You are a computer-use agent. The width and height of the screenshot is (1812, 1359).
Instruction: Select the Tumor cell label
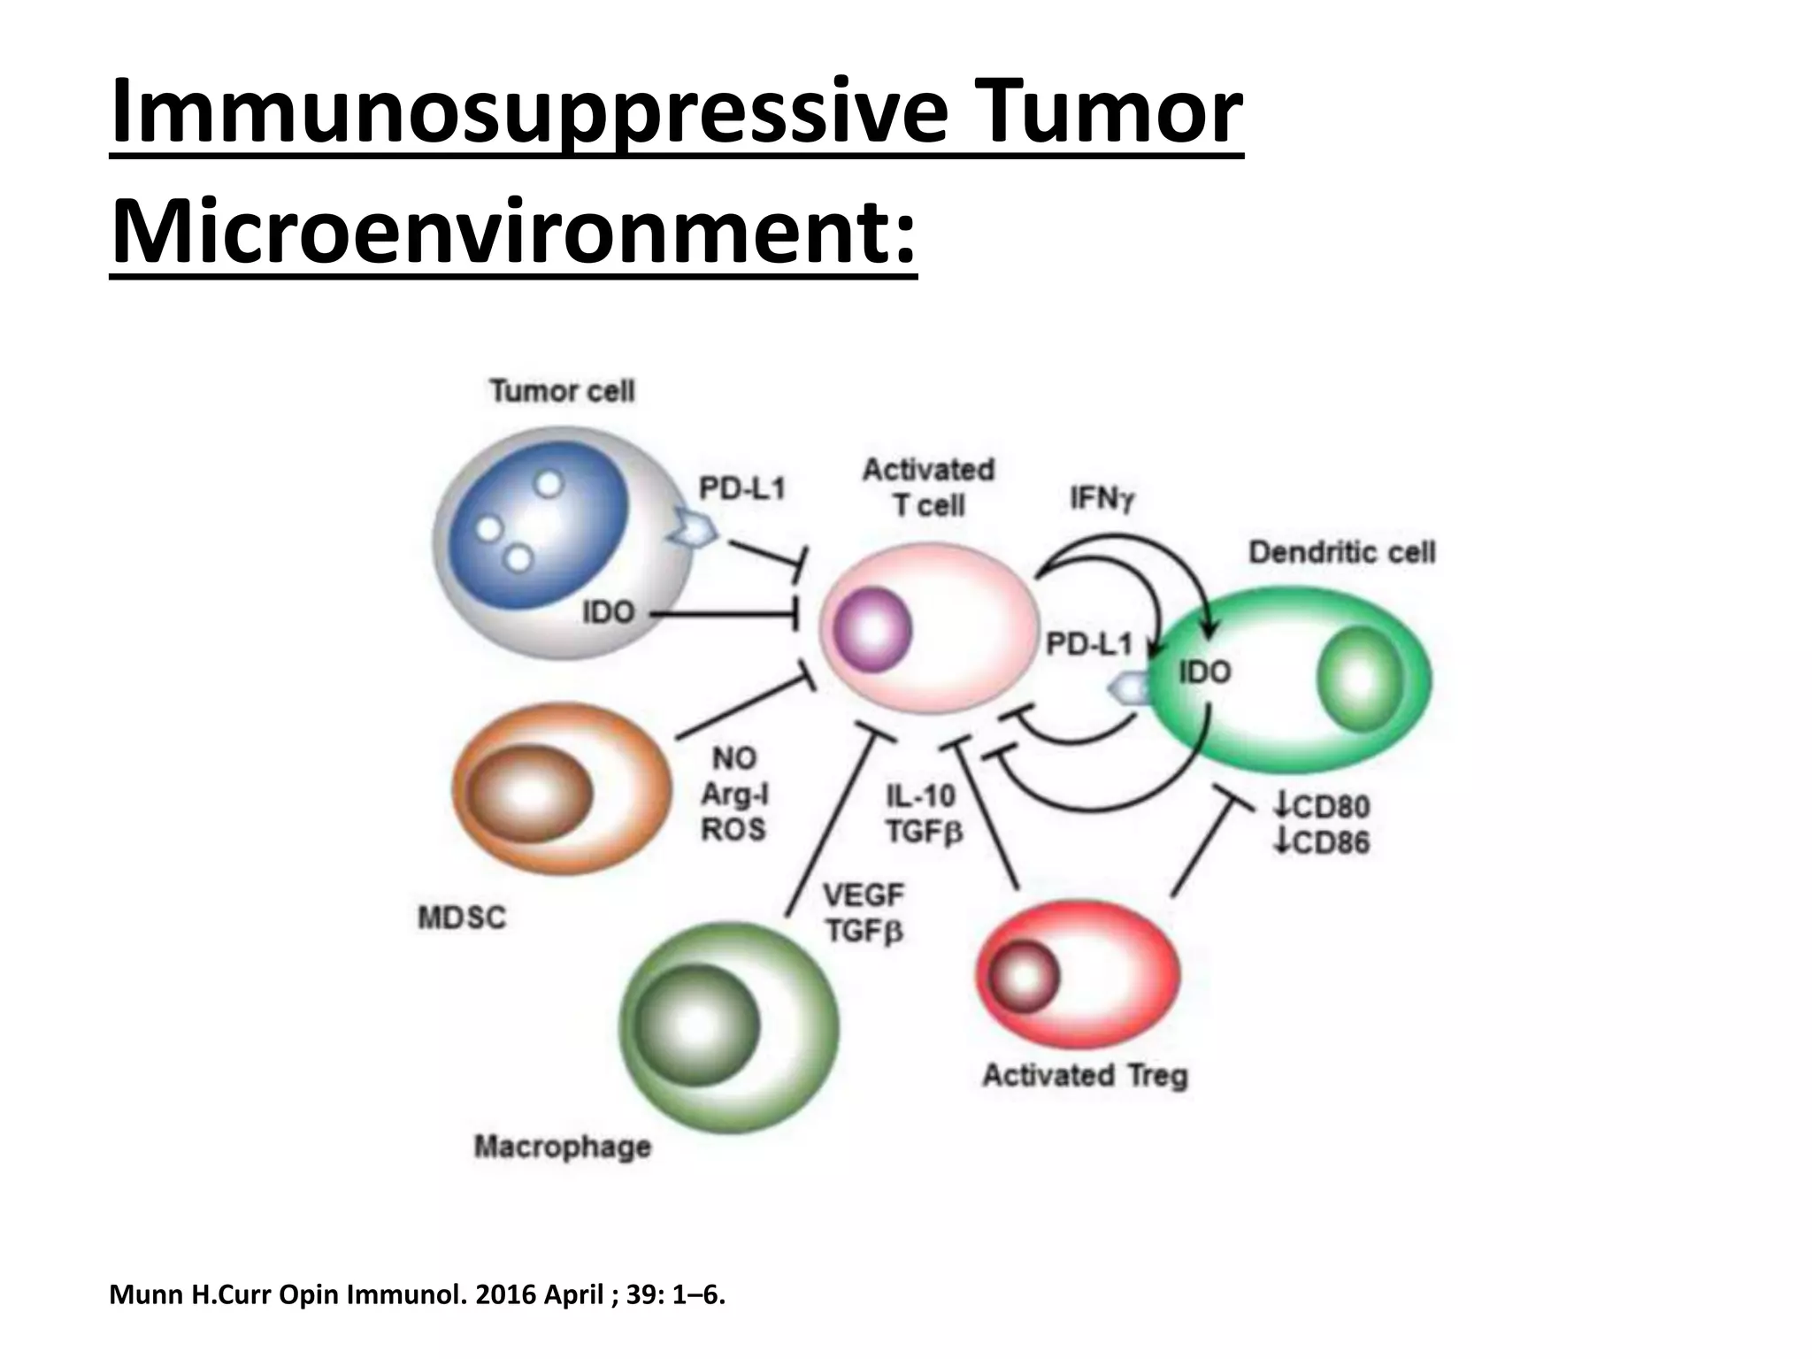point(562,391)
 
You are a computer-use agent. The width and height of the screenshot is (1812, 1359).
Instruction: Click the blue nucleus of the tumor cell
point(531,526)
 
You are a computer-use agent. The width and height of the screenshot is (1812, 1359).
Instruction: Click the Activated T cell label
point(928,488)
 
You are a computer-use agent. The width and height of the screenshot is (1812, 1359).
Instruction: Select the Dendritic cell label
point(1341,553)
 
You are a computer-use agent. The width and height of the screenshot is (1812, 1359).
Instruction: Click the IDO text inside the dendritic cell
point(1204,672)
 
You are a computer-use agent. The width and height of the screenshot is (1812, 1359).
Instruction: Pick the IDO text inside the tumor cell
point(608,612)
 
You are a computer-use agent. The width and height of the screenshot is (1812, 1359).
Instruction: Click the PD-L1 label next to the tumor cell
point(741,488)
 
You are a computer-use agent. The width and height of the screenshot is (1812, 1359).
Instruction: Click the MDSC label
point(462,918)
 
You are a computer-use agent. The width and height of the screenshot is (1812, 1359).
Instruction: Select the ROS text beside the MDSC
point(733,830)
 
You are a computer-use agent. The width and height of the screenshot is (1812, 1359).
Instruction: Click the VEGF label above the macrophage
point(864,896)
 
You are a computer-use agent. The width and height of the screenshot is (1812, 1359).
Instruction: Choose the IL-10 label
point(921,796)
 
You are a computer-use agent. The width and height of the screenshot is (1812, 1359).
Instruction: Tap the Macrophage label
point(563,1147)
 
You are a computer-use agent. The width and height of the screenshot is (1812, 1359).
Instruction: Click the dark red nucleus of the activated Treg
point(1025,977)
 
